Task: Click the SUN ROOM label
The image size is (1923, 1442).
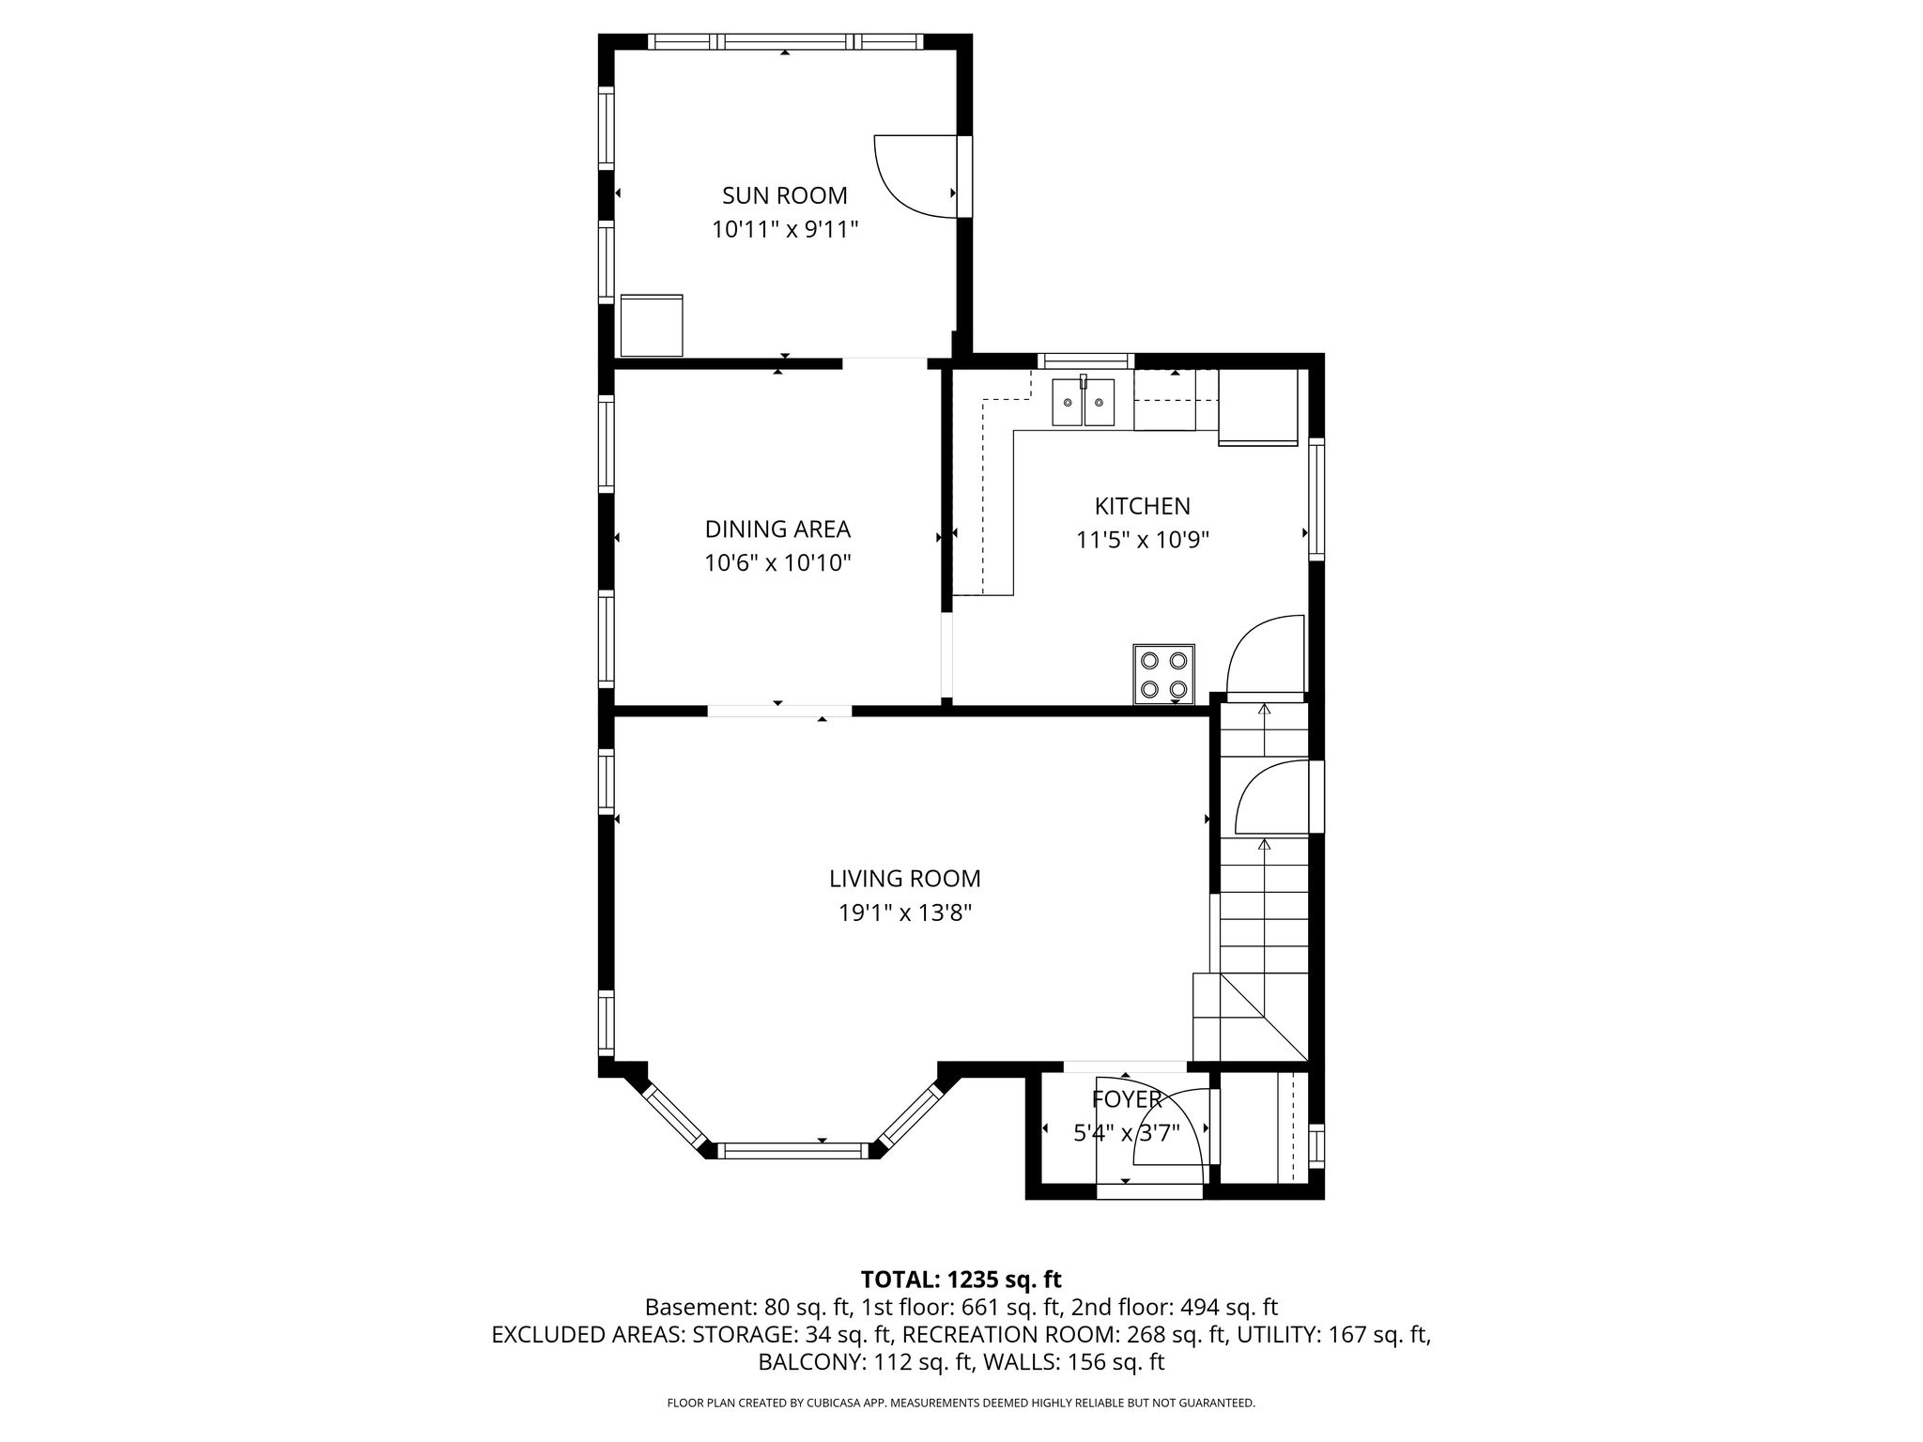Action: point(784,195)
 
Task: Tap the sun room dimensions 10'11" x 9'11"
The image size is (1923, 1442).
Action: point(785,229)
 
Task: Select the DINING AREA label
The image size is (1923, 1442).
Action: point(777,529)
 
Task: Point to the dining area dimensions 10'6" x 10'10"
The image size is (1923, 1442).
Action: point(777,563)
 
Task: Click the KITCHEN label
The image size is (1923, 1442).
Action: point(1142,506)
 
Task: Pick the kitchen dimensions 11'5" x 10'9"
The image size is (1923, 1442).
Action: point(1142,540)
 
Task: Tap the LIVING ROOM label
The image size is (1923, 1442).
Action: point(904,879)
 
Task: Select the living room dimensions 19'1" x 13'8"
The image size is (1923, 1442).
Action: point(904,913)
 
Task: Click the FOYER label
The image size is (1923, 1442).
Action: point(1127,1099)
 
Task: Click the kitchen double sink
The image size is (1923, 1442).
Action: point(1083,402)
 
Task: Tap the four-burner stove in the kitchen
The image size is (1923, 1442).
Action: point(1163,674)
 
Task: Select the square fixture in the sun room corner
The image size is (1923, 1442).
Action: point(652,325)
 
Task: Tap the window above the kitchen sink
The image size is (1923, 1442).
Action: point(1085,360)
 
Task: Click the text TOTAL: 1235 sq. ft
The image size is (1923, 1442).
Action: point(961,1280)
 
